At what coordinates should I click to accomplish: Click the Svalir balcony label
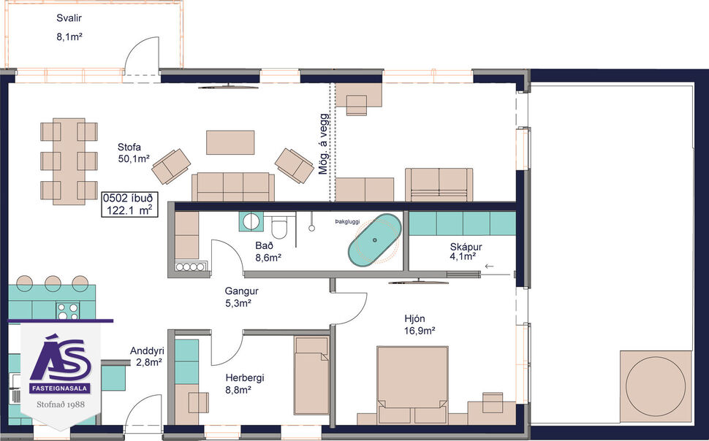point(69,26)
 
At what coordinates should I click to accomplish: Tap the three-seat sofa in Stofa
point(232,187)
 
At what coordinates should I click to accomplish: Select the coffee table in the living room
point(230,142)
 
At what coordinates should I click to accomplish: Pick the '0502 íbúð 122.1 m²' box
point(129,204)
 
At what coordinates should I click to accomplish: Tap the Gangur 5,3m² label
point(242,296)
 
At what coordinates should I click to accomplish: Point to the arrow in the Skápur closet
point(489,267)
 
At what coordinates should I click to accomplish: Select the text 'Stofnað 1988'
point(61,402)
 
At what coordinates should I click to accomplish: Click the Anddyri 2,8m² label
point(147,356)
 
